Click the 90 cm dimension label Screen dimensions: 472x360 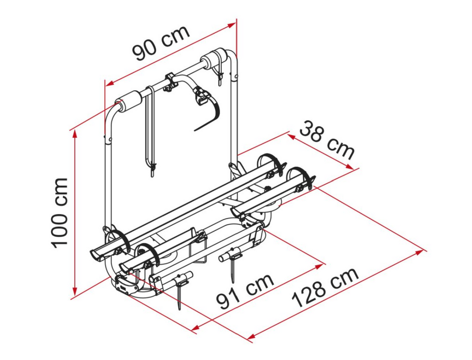(161, 43)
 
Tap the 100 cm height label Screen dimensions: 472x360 (59, 213)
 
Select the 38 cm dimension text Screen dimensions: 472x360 (327, 140)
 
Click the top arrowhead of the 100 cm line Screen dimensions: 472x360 (75, 134)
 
